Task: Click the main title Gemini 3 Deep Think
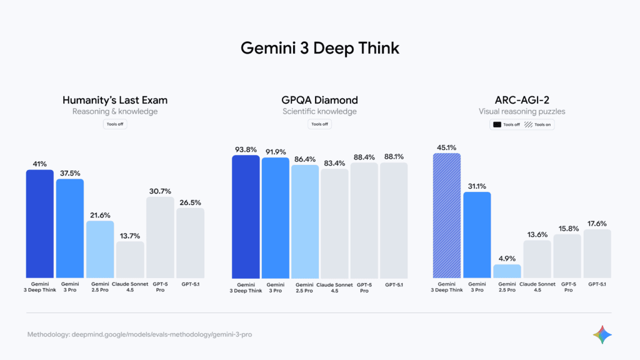coord(320,48)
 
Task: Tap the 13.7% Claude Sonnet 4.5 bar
coord(130,259)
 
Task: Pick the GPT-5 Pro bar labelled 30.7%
coord(160,237)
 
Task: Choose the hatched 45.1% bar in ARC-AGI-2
coord(446,216)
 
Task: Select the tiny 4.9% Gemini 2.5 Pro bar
coord(507,271)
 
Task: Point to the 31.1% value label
coord(477,186)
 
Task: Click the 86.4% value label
coord(306,159)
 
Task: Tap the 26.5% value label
coord(190,202)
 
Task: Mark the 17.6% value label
coord(597,224)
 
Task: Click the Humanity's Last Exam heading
coord(115,100)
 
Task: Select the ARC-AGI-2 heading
coord(522,100)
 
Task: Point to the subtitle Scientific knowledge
coord(319,112)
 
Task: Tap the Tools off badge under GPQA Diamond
coord(319,124)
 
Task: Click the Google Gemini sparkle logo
coord(602,334)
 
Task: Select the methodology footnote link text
coord(139,335)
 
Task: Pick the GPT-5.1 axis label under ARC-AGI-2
coord(597,284)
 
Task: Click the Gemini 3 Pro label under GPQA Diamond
coord(276,287)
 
